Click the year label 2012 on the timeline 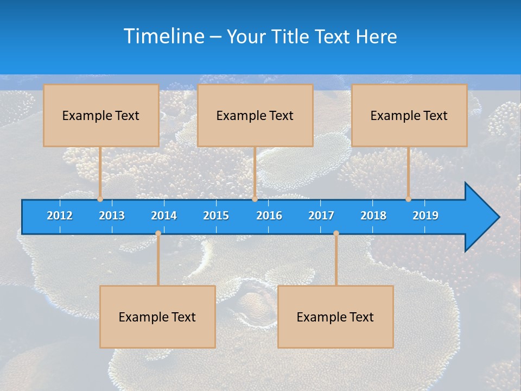pyautogui.click(x=60, y=216)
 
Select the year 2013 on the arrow pyautogui.click(x=112, y=216)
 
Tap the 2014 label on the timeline pyautogui.click(x=164, y=216)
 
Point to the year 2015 pyautogui.click(x=216, y=216)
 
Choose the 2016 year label pyautogui.click(x=269, y=216)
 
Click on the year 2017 pyautogui.click(x=321, y=216)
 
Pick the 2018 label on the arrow pyautogui.click(x=373, y=216)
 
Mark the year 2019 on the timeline pyautogui.click(x=425, y=216)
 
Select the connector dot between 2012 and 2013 pyautogui.click(x=100, y=199)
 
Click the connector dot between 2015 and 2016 pyautogui.click(x=255, y=199)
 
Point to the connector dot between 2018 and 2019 pyautogui.click(x=408, y=199)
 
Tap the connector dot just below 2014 pyautogui.click(x=158, y=234)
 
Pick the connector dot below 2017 pyautogui.click(x=336, y=234)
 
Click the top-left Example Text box pyautogui.click(x=101, y=115)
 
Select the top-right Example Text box pyautogui.click(x=409, y=115)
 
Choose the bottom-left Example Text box pyautogui.click(x=157, y=317)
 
